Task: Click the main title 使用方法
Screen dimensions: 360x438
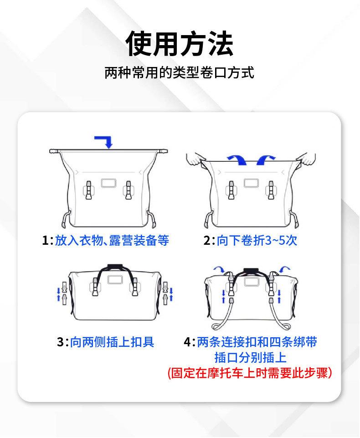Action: click(180, 44)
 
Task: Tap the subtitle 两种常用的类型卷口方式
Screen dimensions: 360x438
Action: click(179, 72)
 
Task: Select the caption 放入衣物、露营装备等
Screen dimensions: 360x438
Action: click(112, 240)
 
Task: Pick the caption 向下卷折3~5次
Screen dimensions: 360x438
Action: click(257, 240)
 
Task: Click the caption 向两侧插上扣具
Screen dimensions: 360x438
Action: click(112, 342)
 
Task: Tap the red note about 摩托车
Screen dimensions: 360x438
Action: click(250, 373)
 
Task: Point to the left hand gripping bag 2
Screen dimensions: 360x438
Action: click(195, 159)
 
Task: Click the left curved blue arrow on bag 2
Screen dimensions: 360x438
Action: click(237, 160)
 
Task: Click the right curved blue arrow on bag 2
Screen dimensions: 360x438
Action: click(265, 160)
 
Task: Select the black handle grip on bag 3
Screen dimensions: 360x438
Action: click(114, 266)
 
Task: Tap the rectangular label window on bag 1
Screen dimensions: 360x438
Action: click(108, 183)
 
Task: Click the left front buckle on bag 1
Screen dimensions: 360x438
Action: click(88, 190)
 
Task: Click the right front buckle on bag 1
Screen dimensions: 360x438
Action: click(129, 190)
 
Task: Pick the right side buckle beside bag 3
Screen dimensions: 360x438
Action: click(165, 294)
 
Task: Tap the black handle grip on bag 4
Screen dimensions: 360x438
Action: click(250, 271)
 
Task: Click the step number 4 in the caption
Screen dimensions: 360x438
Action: click(187, 342)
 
